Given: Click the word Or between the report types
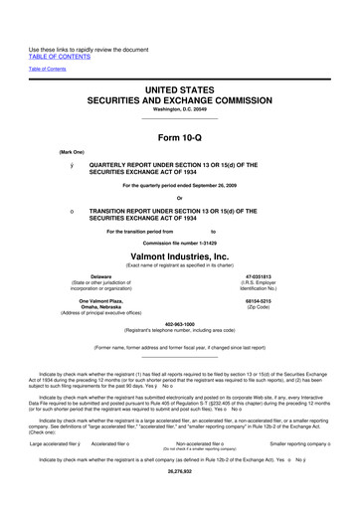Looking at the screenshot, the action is click(179, 198).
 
